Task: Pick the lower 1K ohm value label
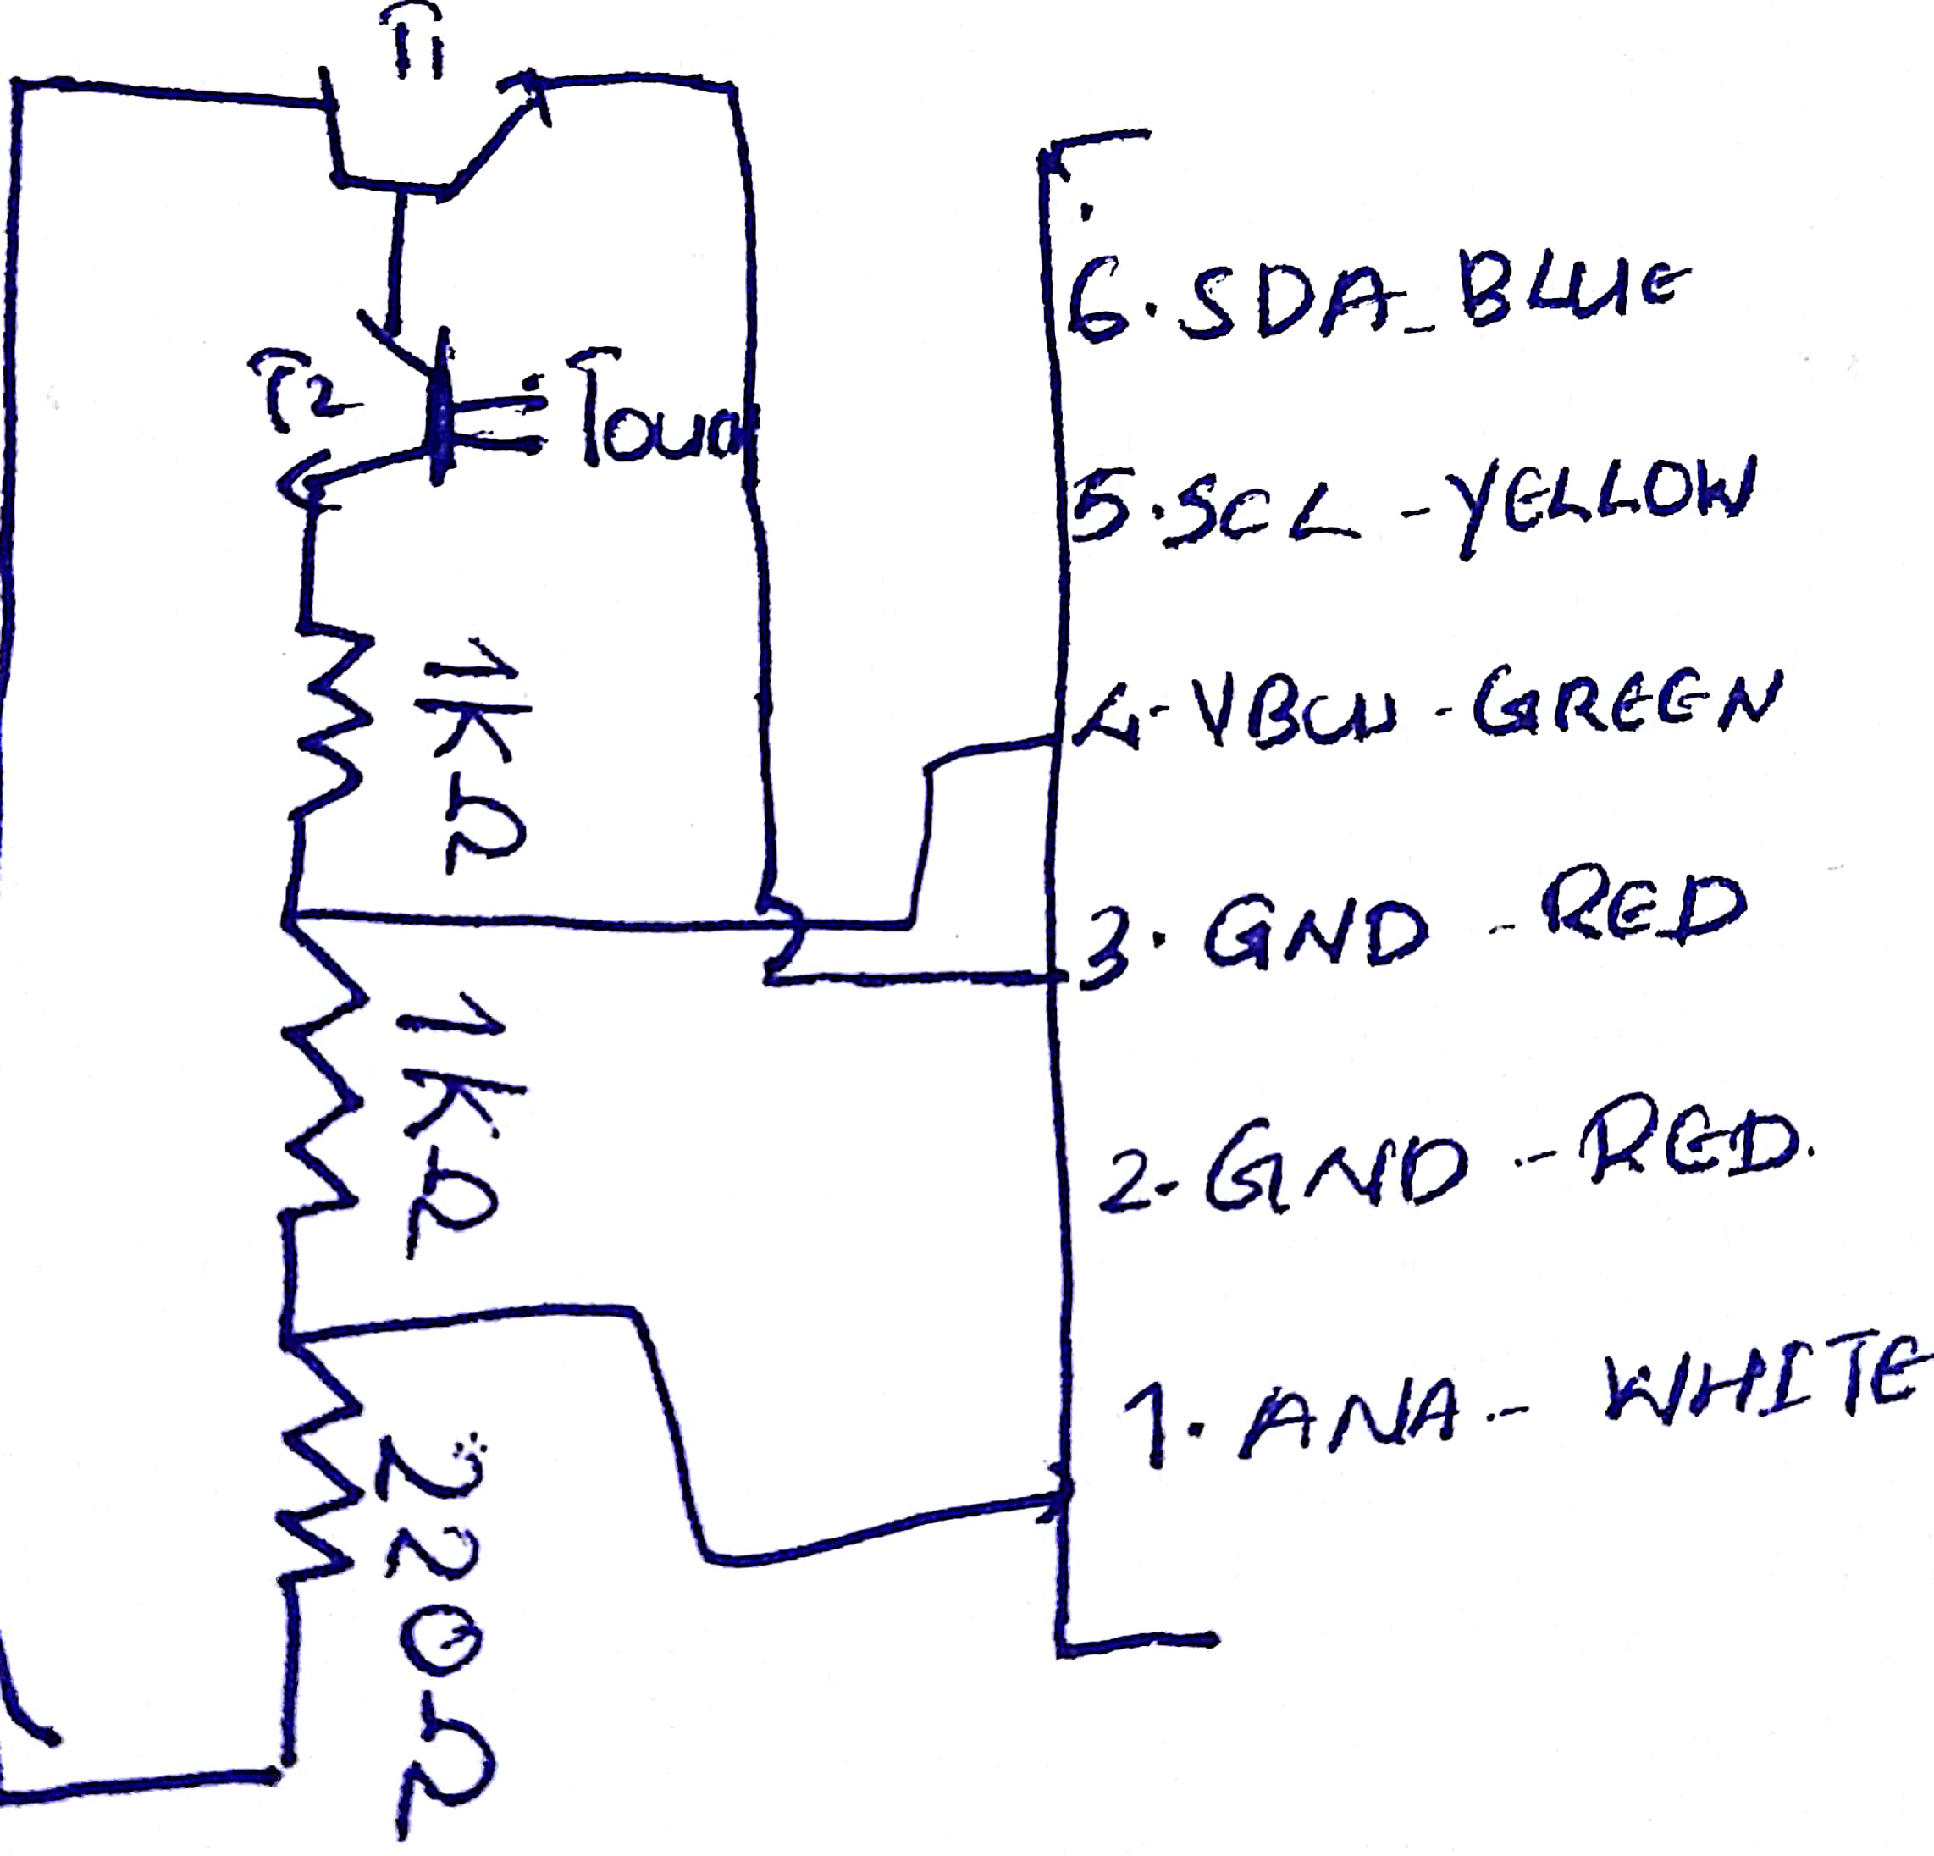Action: click(x=449, y=1135)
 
